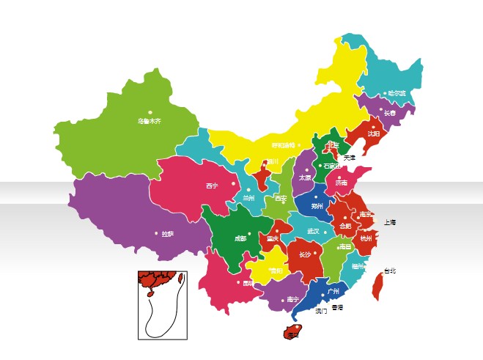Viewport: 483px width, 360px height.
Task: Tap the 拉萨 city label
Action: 168,234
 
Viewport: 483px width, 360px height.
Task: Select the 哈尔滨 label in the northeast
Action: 397,93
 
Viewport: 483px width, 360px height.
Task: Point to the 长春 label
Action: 389,114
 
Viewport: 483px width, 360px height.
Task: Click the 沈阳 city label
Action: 374,134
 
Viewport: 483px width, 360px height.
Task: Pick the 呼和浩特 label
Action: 283,145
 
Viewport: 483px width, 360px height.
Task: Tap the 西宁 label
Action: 213,186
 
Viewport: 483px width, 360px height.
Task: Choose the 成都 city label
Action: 241,238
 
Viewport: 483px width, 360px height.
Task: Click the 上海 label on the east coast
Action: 389,221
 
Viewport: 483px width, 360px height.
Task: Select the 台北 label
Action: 389,271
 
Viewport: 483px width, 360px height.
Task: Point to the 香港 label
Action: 337,307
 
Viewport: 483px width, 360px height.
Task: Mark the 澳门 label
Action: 321,311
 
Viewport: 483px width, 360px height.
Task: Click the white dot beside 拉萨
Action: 156,233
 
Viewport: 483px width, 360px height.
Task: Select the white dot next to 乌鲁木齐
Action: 149,112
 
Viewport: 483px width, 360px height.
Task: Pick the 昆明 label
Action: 248,282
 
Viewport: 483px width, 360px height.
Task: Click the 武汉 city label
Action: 313,231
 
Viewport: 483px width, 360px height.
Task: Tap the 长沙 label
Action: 305,255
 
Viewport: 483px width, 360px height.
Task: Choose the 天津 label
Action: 350,158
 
